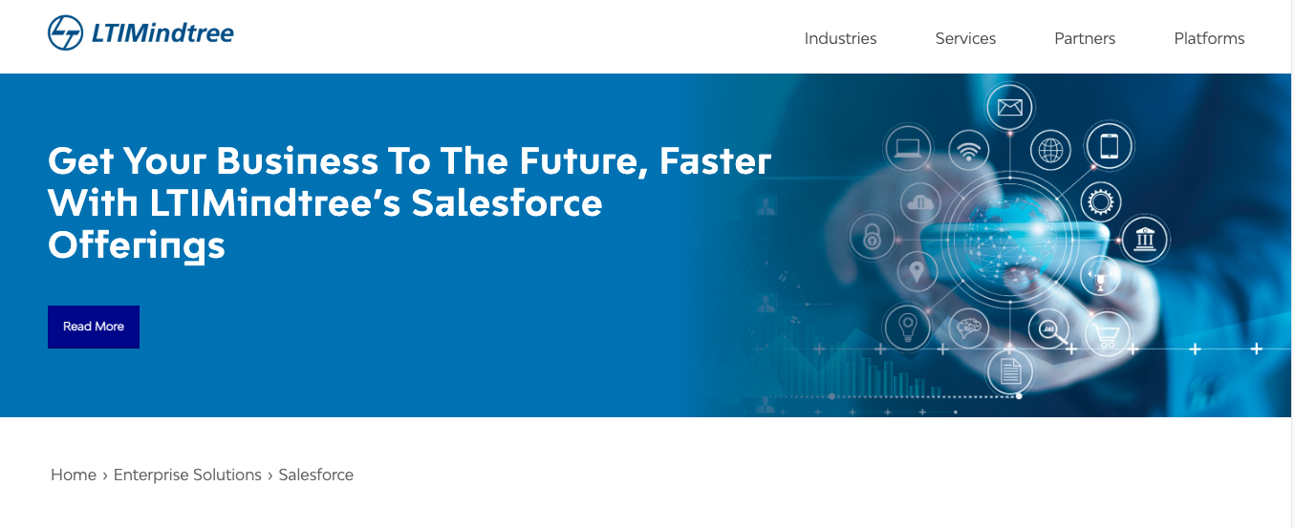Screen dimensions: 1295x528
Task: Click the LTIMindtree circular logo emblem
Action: click(65, 32)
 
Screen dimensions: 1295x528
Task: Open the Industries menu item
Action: click(840, 39)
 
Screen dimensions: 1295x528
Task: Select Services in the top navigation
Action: click(965, 39)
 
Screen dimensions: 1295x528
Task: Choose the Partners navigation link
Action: click(1085, 39)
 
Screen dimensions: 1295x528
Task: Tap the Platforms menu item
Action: click(1209, 39)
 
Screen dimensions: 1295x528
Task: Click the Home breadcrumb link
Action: click(74, 475)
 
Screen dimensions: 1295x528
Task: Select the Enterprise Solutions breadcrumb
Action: click(187, 475)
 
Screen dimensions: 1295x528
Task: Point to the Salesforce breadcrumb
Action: click(315, 475)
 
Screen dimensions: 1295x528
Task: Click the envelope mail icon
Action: click(1009, 108)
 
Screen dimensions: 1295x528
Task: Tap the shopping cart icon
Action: click(1107, 335)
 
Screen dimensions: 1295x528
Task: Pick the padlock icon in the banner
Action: click(872, 237)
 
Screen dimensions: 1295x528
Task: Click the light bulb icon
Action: click(908, 327)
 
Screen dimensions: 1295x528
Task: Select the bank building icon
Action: click(1144, 239)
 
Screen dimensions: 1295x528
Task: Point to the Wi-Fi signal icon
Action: click(969, 151)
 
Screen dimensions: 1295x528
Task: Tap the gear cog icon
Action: click(1101, 202)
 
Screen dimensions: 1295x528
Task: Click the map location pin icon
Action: click(917, 271)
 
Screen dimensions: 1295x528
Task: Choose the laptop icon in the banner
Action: click(908, 148)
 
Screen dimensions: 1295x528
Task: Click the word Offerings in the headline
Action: click(137, 245)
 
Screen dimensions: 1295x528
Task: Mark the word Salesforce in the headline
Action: click(507, 202)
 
